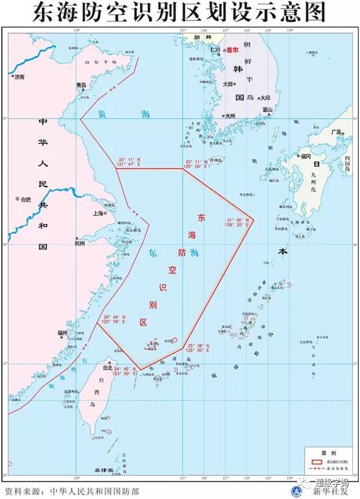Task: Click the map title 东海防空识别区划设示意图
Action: [180, 12]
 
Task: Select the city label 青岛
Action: [81, 85]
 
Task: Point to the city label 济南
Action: [19, 77]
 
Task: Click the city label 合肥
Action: [26, 199]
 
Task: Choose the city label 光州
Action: [230, 116]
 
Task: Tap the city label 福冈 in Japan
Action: [306, 156]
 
